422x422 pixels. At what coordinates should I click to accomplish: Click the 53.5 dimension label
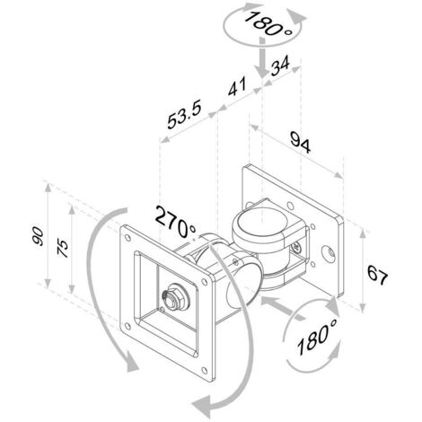[x=184, y=114]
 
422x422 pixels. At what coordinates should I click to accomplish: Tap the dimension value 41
[x=237, y=86]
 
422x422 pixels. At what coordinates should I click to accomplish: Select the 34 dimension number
[x=280, y=66]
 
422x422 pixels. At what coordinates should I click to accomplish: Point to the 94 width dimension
[x=301, y=143]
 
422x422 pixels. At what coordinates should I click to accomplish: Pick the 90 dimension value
[x=38, y=236]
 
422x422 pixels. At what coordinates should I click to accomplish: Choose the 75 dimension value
[x=63, y=248]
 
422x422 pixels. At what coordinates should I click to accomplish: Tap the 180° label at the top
[x=268, y=23]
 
